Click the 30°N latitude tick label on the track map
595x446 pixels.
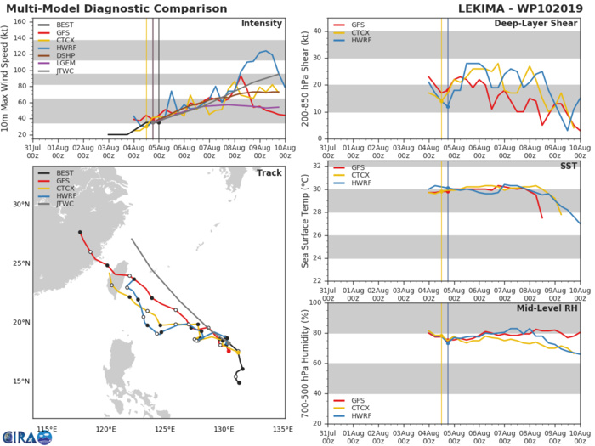21,205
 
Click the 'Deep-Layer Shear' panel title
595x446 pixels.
536,23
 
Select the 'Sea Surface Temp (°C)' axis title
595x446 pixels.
304,222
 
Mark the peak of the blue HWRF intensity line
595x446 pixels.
266,51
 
